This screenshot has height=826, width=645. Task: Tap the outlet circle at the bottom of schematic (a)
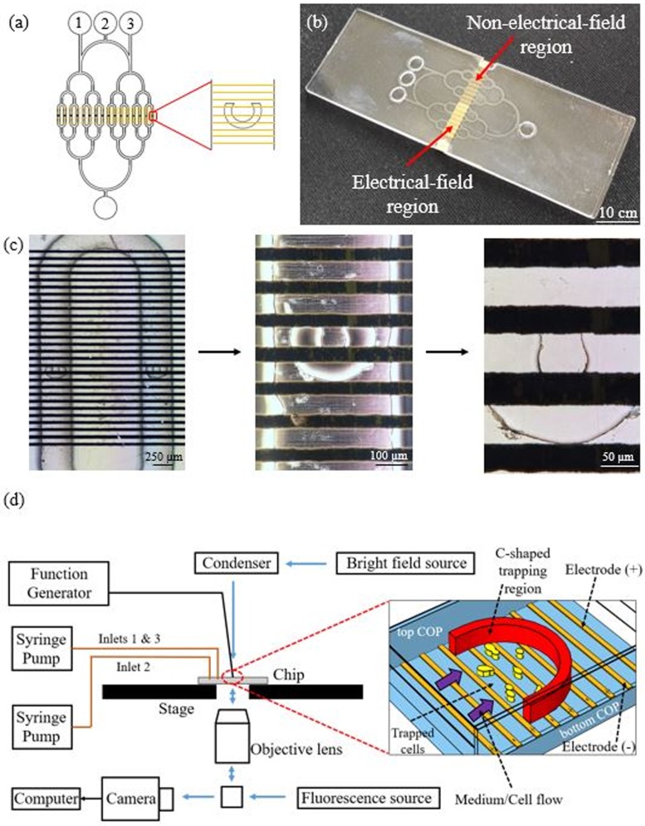tap(105, 202)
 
